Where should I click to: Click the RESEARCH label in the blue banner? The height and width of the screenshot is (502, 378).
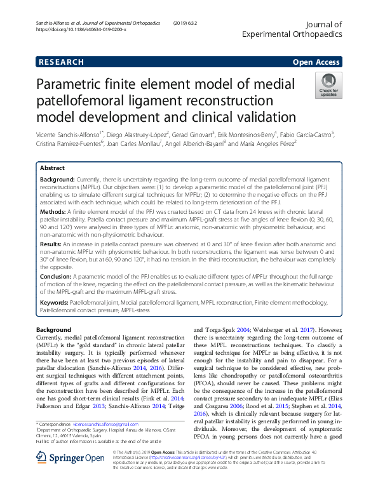61,62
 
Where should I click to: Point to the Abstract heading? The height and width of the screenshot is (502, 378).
52,169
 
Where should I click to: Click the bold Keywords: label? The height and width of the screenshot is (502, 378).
55,303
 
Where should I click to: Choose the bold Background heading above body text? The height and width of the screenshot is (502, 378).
53,330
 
